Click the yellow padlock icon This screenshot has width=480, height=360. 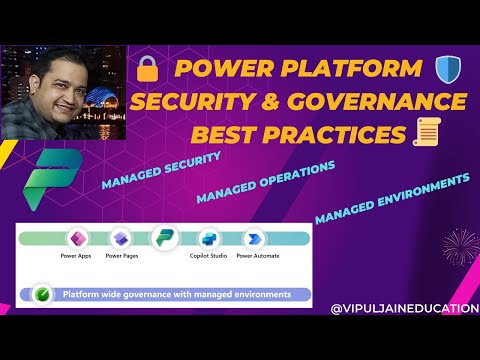click(x=148, y=70)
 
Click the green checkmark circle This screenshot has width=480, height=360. click(x=41, y=295)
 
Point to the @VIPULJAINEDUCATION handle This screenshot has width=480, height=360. click(x=404, y=309)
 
